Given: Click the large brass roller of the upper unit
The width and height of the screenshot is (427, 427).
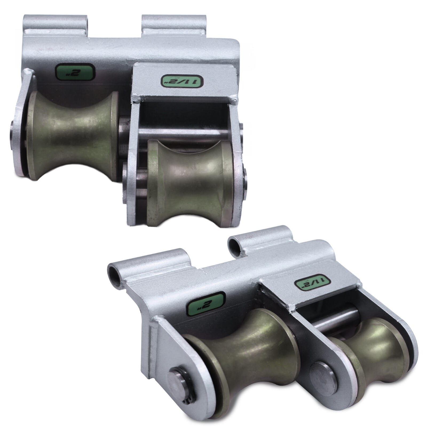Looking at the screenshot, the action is click(73, 136).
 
